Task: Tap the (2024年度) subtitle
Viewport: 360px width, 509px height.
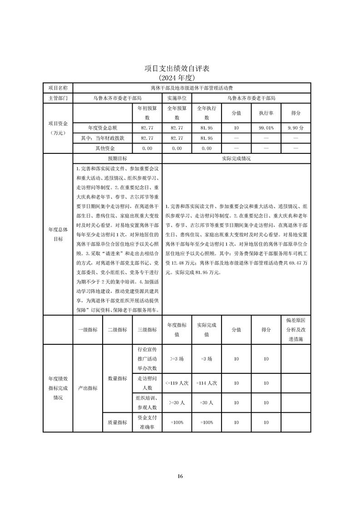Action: [x=179, y=78]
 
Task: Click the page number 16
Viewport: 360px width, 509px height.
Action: [x=180, y=476]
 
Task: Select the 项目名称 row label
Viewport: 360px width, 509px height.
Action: [x=58, y=88]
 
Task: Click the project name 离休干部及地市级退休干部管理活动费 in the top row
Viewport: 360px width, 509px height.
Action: [x=192, y=88]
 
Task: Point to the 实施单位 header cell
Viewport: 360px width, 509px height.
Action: [x=177, y=98]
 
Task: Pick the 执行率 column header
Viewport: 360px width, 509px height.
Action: [x=266, y=113]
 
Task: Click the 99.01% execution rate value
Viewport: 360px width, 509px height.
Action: [x=266, y=128]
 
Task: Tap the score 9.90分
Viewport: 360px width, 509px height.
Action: [x=296, y=128]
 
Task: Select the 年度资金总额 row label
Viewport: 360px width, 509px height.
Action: [x=102, y=128]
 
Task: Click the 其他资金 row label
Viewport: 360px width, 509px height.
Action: [x=102, y=148]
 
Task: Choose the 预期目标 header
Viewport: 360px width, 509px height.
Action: [x=117, y=159]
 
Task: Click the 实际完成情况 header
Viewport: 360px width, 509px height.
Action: [x=236, y=159]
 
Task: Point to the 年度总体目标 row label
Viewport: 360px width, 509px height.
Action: [x=58, y=234]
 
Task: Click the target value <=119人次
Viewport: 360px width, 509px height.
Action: [x=177, y=383]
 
